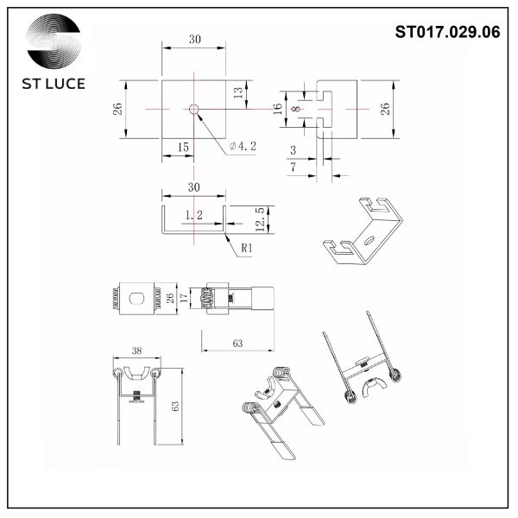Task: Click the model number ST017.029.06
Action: pos(446,33)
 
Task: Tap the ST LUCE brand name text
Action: pos(54,86)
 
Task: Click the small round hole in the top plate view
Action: pos(194,110)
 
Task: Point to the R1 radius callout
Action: pos(246,248)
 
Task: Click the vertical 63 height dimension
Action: pos(175,406)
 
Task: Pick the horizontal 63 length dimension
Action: pos(237,344)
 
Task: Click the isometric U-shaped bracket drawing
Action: pos(363,230)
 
